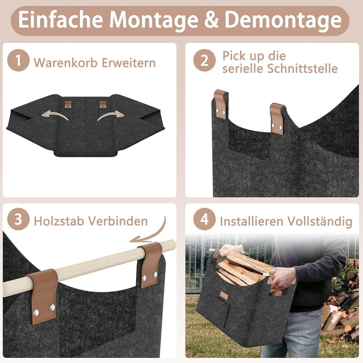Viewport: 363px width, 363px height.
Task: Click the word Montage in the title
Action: point(154,20)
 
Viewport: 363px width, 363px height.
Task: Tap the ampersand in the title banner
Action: point(211,20)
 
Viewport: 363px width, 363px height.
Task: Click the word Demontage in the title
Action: point(283,20)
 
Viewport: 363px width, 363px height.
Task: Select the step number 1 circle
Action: point(18,60)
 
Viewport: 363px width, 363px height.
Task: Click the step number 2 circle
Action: point(204,60)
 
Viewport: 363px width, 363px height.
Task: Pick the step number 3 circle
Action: point(18,219)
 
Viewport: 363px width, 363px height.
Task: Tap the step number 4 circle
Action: point(204,219)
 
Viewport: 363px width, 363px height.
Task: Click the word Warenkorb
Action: point(66,63)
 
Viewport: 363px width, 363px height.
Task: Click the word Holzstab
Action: point(59,221)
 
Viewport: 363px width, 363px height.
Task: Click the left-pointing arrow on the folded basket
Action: point(55,115)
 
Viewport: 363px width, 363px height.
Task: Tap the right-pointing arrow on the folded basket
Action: point(110,115)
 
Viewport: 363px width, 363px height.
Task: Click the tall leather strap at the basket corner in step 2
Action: point(220,104)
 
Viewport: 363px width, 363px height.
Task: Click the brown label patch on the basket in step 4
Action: point(224,295)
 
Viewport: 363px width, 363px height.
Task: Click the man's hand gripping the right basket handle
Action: point(283,277)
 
